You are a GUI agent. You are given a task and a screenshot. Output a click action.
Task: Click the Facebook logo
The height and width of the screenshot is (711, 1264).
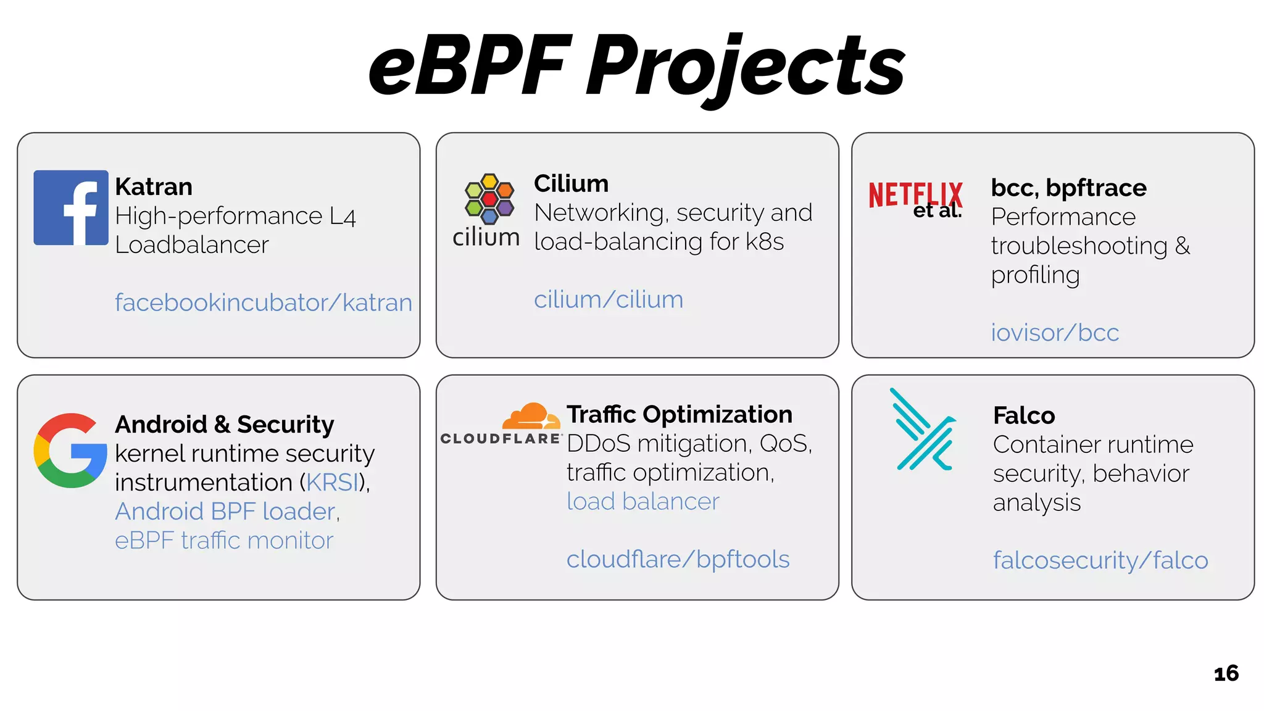click(x=71, y=207)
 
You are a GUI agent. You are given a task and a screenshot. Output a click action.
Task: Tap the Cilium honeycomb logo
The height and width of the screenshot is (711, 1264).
click(x=489, y=199)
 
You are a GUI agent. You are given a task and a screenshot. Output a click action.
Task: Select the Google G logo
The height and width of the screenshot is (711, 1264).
click(x=70, y=451)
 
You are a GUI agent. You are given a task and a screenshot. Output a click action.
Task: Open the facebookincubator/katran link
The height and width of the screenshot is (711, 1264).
click(x=264, y=303)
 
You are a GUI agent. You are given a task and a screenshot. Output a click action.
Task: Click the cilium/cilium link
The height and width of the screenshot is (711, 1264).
click(x=609, y=300)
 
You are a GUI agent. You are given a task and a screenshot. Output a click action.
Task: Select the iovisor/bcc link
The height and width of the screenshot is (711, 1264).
click(x=1055, y=333)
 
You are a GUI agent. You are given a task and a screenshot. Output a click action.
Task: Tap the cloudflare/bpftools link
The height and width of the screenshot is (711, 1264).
click(x=678, y=560)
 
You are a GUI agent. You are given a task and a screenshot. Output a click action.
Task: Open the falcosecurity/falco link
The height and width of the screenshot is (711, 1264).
click(x=1100, y=560)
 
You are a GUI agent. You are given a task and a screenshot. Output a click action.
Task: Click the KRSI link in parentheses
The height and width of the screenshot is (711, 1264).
click(x=332, y=483)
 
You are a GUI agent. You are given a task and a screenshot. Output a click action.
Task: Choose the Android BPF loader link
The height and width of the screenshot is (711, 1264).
click(x=225, y=512)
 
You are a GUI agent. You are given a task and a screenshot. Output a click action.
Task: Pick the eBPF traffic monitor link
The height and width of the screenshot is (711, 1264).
click(x=224, y=541)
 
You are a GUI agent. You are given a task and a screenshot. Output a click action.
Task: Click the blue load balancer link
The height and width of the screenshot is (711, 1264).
click(x=643, y=502)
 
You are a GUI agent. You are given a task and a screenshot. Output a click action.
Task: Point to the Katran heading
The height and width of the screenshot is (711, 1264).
click(x=154, y=187)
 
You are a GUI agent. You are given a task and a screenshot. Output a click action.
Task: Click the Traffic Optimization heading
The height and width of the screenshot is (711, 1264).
click(x=680, y=414)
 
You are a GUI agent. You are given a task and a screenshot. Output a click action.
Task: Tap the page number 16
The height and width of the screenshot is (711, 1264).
click(x=1226, y=673)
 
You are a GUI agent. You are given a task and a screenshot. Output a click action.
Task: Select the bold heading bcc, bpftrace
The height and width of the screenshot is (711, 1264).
click(x=1068, y=188)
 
